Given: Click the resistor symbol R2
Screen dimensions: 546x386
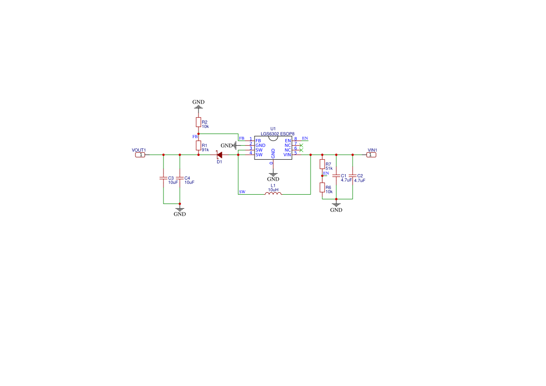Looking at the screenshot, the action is click(x=198, y=122).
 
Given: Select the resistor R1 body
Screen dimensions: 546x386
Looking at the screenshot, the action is click(x=198, y=146).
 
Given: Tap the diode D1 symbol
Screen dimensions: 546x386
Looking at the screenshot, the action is click(x=219, y=155).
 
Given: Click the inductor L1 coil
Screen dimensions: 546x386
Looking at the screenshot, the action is click(x=273, y=193).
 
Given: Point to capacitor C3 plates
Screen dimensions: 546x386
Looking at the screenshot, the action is click(x=163, y=178).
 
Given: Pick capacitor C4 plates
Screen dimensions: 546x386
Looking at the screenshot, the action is click(x=180, y=178).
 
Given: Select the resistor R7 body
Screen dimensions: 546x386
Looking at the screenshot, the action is click(x=322, y=164).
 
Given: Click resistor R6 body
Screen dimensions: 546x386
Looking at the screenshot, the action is click(x=322, y=188).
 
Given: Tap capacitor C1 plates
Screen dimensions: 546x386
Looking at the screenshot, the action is click(x=336, y=176).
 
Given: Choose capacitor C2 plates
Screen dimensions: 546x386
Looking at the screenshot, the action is click(x=352, y=176).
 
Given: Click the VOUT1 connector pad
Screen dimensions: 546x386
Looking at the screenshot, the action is click(x=140, y=155).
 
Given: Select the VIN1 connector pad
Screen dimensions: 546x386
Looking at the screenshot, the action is click(x=371, y=155).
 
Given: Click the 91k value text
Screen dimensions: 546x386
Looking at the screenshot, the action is click(x=205, y=150).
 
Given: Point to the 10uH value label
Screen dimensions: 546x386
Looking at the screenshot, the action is click(x=273, y=189).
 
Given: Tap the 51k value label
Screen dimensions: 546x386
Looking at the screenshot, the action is click(x=329, y=168).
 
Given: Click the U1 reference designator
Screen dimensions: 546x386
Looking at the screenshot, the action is click(x=273, y=129).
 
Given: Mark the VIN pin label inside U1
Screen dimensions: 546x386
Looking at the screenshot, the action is click(x=287, y=155).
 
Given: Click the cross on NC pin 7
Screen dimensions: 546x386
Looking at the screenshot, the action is click(x=301, y=146).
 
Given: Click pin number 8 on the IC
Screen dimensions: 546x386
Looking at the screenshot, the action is click(x=296, y=139).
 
